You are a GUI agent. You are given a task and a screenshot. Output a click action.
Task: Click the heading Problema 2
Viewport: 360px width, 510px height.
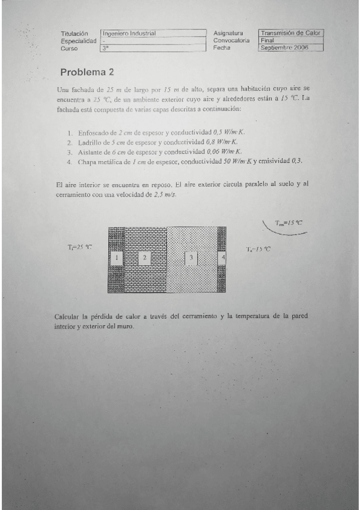click(87, 72)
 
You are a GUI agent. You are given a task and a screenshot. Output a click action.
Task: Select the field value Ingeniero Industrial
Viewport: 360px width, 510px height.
click(129, 34)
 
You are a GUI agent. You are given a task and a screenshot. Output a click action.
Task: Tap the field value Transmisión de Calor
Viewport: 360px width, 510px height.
click(291, 34)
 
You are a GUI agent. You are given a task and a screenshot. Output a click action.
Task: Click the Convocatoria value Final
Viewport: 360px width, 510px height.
click(267, 40)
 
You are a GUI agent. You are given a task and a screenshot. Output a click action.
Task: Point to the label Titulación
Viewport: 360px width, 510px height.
click(75, 34)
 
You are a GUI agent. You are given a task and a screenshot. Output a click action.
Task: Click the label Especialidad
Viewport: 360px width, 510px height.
click(79, 40)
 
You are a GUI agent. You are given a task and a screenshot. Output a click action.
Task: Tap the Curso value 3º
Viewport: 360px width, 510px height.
click(106, 48)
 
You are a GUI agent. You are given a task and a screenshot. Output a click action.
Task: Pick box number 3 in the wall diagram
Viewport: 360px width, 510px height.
click(191, 257)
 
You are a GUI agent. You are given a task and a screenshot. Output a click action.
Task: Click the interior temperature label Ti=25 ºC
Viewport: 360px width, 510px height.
click(80, 247)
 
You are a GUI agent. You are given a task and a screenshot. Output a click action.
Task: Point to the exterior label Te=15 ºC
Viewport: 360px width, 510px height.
click(258, 249)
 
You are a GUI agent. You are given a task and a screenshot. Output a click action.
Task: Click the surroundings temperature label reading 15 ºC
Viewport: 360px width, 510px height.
click(288, 223)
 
